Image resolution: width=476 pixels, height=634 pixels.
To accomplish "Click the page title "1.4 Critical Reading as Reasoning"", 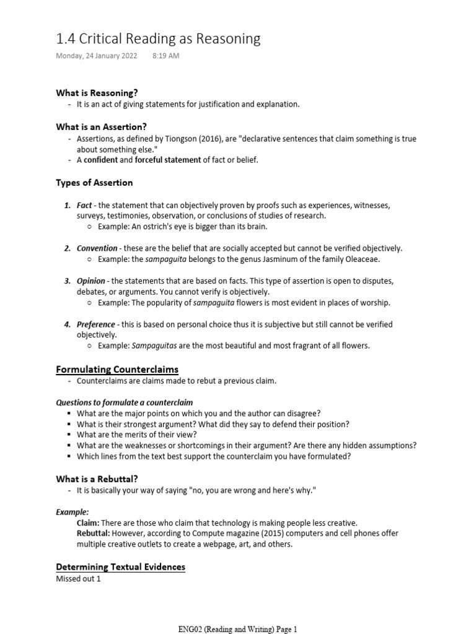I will (158, 39).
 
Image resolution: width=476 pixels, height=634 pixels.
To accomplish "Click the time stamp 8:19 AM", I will (165, 56).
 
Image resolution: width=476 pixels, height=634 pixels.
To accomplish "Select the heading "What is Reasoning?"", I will (97, 93).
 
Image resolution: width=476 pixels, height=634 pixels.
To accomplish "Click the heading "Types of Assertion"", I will (94, 183).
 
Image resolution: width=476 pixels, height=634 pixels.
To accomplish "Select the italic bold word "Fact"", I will (84, 205).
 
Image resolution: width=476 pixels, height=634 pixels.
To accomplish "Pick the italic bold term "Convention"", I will (97, 248).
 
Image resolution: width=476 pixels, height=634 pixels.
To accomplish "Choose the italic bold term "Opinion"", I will (91, 281).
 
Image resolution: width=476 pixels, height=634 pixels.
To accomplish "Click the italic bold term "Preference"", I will (96, 324).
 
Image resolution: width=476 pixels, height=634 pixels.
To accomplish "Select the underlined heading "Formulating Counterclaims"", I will (117, 370).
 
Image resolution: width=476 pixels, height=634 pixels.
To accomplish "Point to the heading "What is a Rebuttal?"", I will (97, 479).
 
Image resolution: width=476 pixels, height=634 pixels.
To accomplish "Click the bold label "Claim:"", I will (88, 523).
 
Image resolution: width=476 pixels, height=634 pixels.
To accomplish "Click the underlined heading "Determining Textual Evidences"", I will (120, 567).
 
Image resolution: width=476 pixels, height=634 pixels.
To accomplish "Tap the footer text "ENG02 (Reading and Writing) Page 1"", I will (238, 629).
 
